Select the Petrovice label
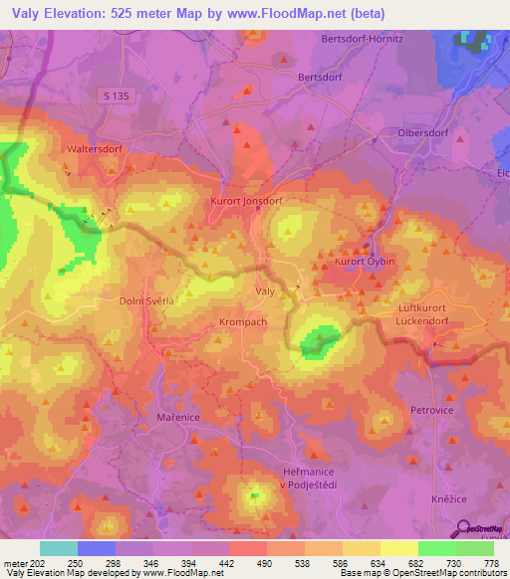tap(431, 409)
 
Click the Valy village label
tap(266, 291)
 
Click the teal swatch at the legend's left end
tap(58, 548)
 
